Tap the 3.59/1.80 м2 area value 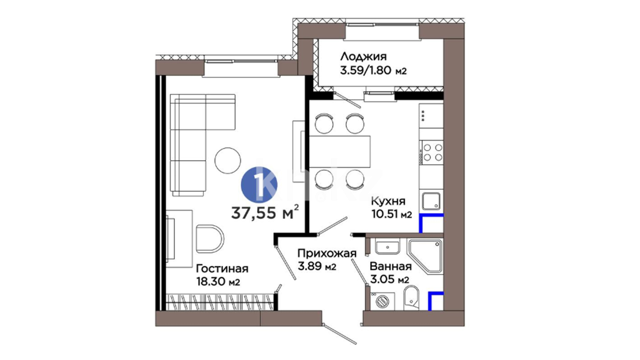(373, 71)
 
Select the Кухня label (388, 201)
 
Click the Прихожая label (327, 253)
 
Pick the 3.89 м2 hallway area (317, 267)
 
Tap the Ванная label (391, 266)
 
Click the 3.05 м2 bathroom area (389, 279)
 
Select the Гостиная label (222, 268)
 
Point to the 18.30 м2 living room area (218, 282)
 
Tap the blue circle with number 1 (259, 185)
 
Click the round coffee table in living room (228, 160)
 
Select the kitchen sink (431, 201)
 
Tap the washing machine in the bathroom (382, 302)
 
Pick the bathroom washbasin (387, 247)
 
